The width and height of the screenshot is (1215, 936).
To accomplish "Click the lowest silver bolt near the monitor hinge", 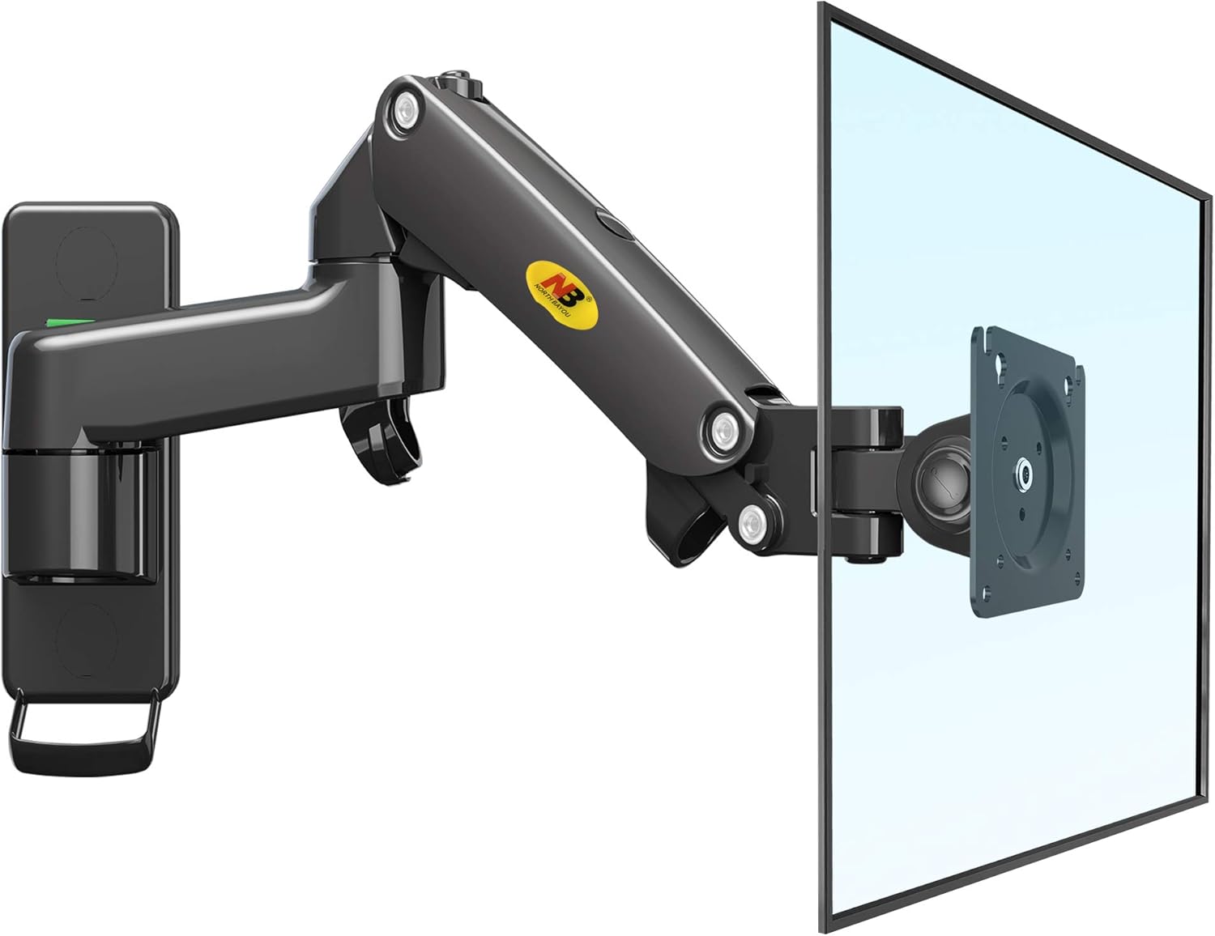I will click(x=755, y=522).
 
